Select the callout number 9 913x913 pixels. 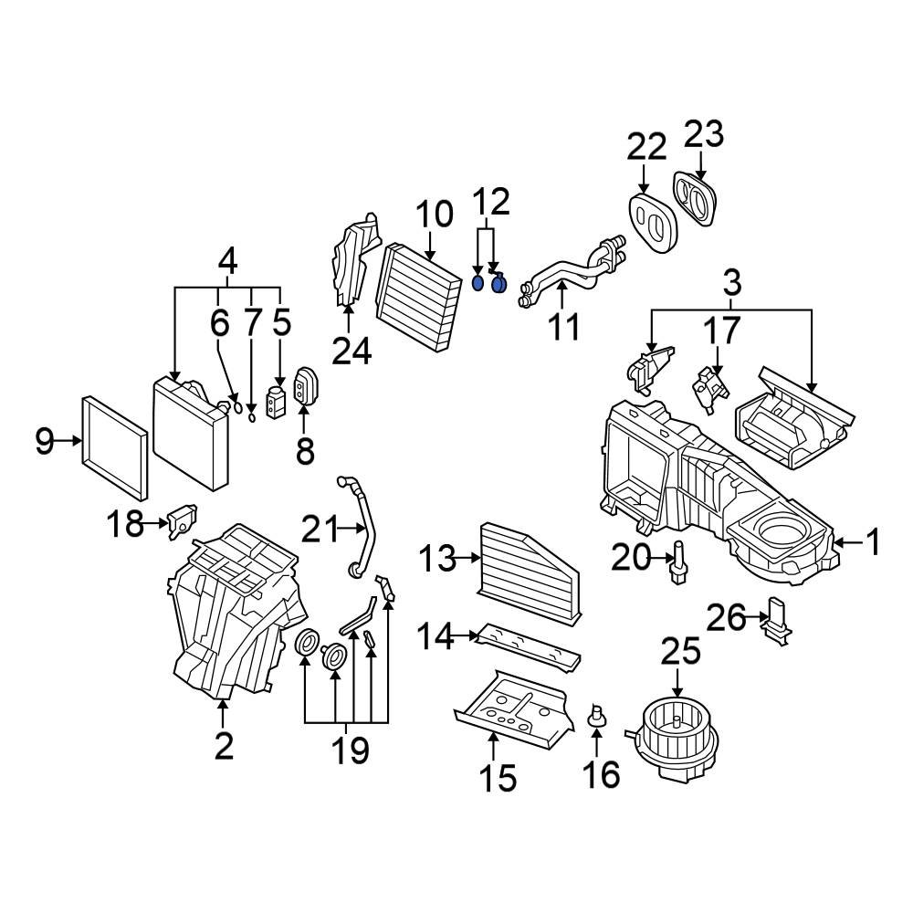coord(45,441)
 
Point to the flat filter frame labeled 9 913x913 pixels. coord(115,447)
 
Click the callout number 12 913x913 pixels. coord(491,202)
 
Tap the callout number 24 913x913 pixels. coord(352,352)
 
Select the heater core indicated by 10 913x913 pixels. coord(417,297)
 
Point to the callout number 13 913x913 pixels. coord(438,559)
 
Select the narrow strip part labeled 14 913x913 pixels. coord(528,648)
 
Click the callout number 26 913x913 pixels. coord(726,618)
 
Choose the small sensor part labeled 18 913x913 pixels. coord(183,520)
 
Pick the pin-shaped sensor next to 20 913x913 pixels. coord(677,561)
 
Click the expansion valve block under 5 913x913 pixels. coord(276,402)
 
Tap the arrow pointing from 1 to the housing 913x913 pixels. coord(848,542)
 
